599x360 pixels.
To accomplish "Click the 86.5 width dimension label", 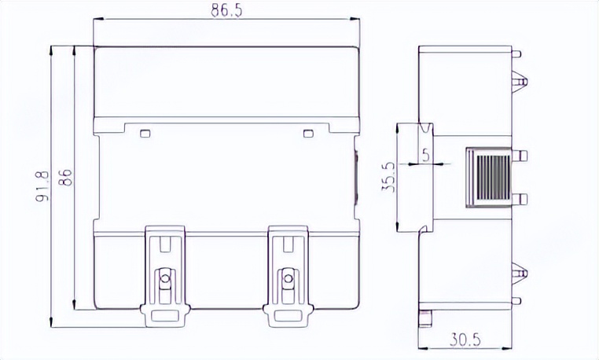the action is tap(226, 10).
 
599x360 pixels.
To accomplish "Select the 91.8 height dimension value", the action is tap(42, 186).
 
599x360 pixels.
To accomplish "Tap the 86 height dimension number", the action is tap(66, 178).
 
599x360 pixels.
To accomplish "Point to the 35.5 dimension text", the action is tap(389, 177).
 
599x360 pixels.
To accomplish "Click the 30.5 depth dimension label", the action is tap(465, 340).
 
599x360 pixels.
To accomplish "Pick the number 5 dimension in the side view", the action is tap(426, 155).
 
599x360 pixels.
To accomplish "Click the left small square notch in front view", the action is tap(145, 134).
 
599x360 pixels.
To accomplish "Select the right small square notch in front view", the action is tap(308, 134).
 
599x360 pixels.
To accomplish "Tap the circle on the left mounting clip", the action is tap(165, 277).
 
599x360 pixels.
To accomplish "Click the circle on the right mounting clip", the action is tap(288, 277).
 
